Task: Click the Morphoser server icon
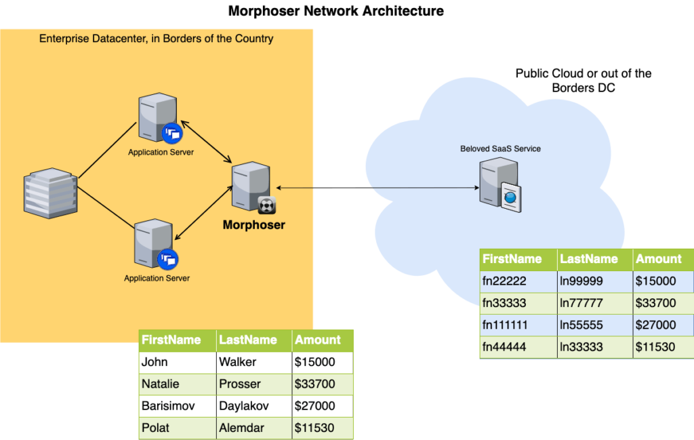[253, 187]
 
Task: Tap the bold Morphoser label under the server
[253, 225]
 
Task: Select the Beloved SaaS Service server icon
[500, 185]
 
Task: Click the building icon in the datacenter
[50, 193]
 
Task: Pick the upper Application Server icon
[160, 118]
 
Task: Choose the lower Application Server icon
[156, 244]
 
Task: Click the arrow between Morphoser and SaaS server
[377, 188]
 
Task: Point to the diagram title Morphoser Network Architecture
[336, 11]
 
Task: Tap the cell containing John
[178, 362]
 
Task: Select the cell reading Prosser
[254, 384]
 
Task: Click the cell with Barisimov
[178, 406]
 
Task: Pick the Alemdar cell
[254, 428]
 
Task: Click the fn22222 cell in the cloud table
[518, 281]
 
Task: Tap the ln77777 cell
[595, 303]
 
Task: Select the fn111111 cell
[518, 325]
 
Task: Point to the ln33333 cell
[595, 347]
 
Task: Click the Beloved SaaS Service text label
[500, 148]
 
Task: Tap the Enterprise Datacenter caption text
[157, 39]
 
